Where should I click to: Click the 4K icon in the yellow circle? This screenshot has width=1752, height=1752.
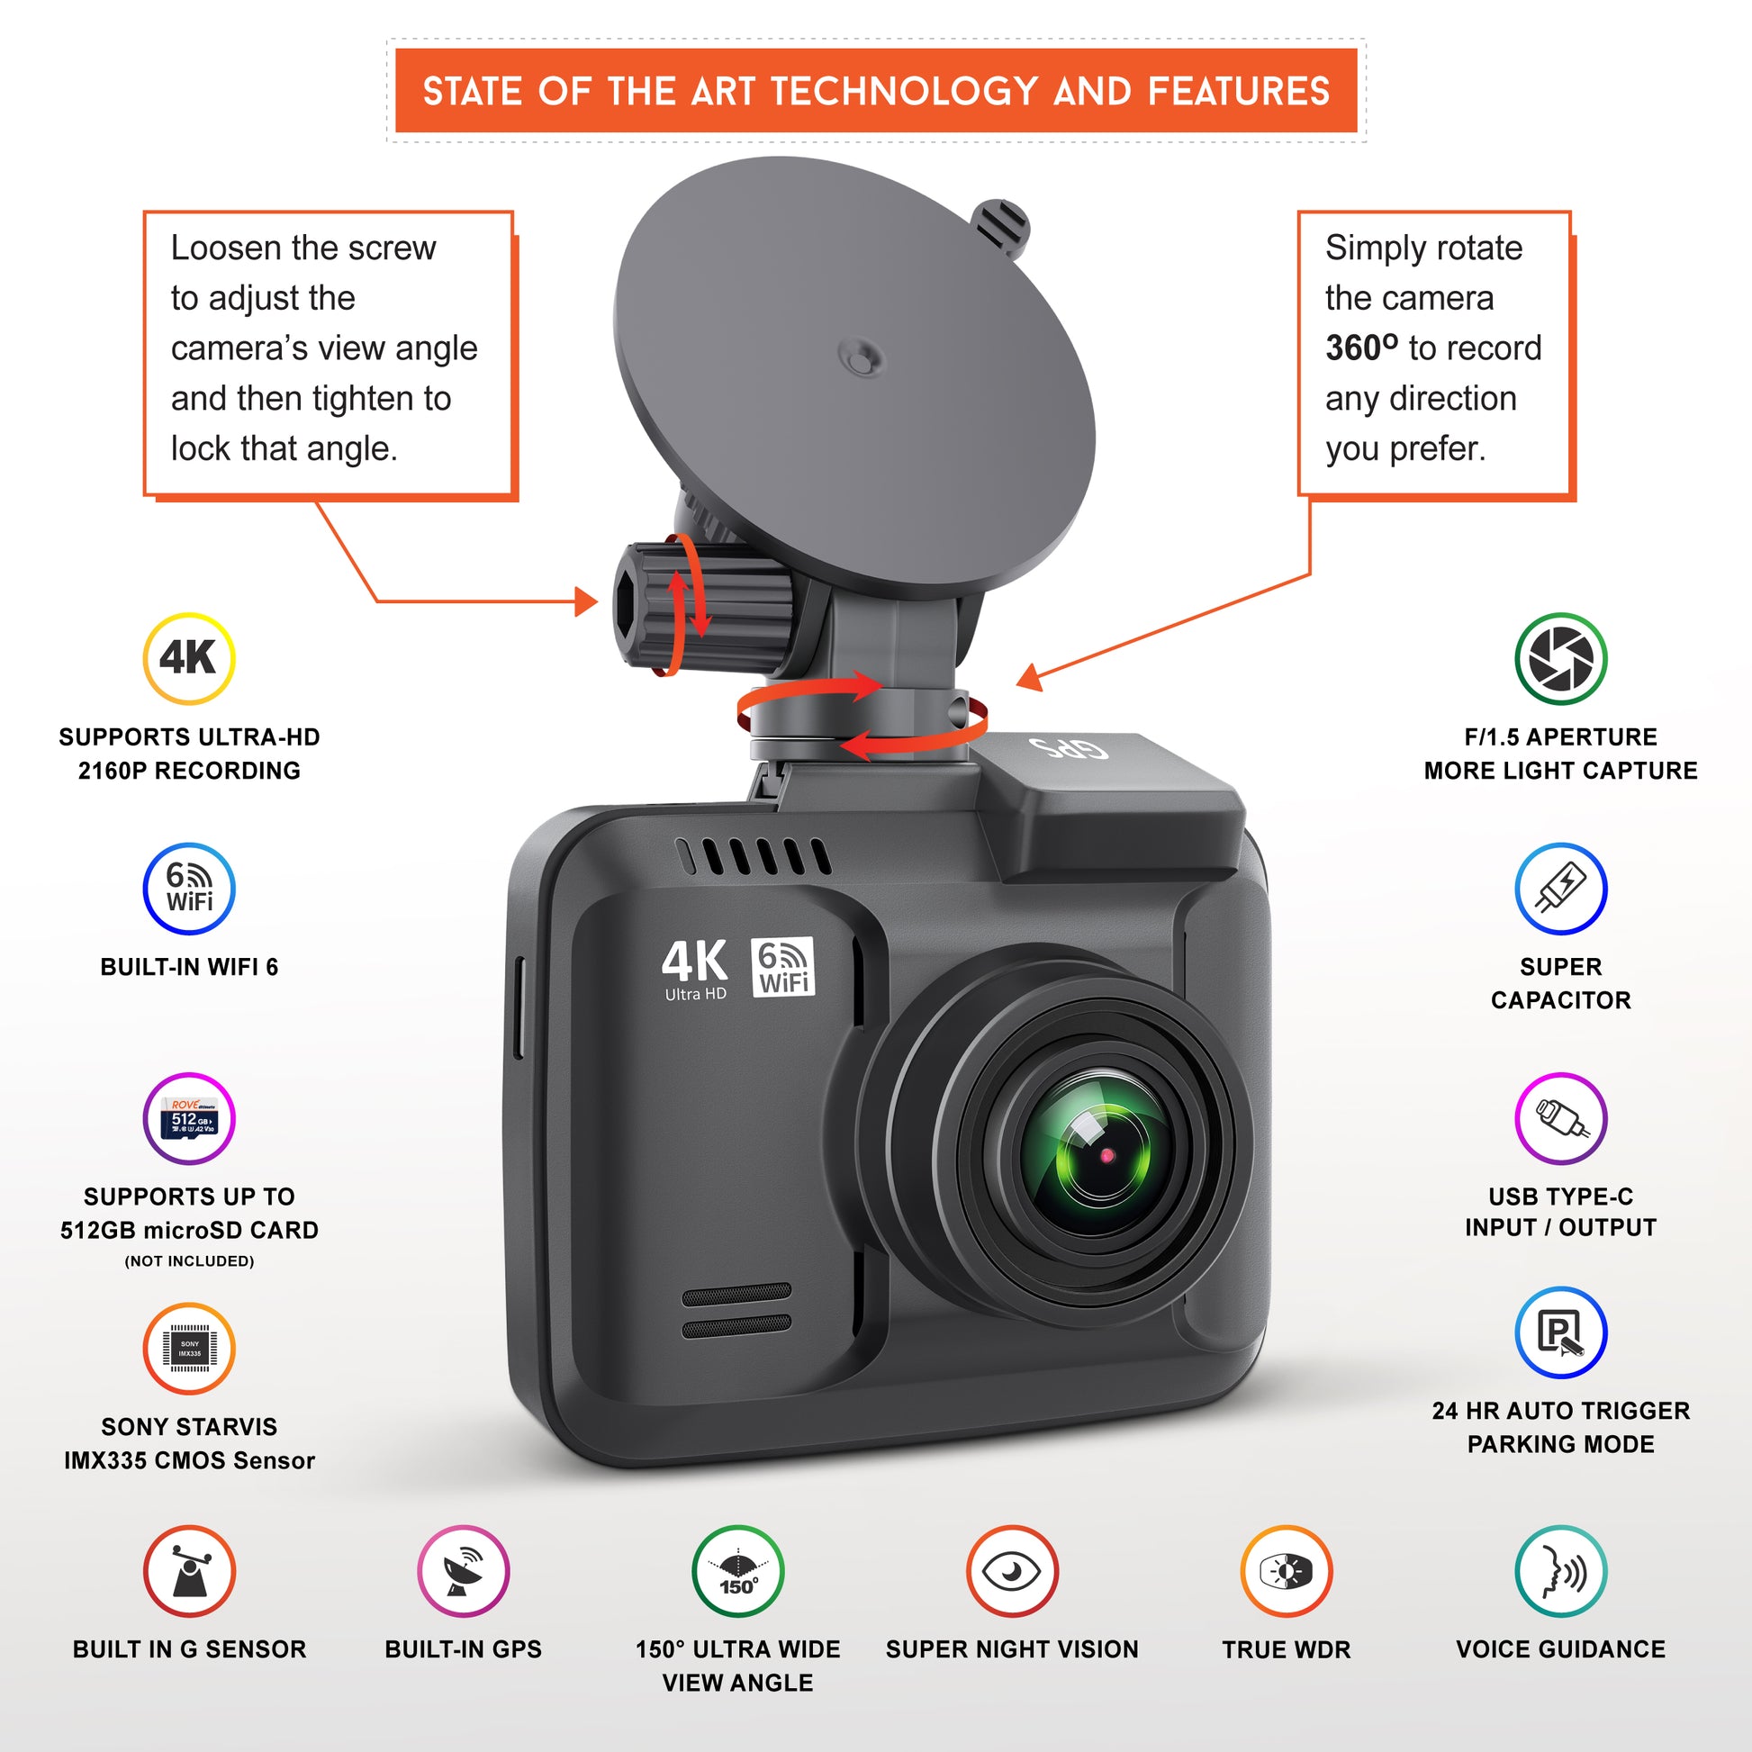[x=189, y=658]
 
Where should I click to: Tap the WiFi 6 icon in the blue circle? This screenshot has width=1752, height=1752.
[x=189, y=889]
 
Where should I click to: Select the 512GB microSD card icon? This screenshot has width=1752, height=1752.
[x=189, y=1118]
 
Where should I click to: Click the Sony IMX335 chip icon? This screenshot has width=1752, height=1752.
[x=189, y=1349]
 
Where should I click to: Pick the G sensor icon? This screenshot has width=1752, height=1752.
[x=189, y=1572]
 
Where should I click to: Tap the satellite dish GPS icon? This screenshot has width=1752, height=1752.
[x=464, y=1572]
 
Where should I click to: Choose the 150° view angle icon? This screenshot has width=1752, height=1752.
[x=738, y=1572]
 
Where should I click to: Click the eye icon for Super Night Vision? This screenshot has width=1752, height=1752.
[x=1012, y=1572]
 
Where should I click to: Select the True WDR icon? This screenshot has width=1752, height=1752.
[x=1287, y=1572]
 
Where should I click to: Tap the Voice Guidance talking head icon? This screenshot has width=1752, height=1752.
[x=1561, y=1572]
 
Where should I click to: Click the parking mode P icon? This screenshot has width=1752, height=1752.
[x=1561, y=1333]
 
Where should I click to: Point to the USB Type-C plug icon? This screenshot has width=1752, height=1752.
[x=1561, y=1118]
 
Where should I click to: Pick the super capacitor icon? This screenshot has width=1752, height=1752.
[x=1561, y=889]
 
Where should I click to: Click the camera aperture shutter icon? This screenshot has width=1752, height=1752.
[x=1561, y=658]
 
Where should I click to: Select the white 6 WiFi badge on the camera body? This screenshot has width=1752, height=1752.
[x=783, y=967]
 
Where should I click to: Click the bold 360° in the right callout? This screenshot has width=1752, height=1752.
[x=1362, y=348]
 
